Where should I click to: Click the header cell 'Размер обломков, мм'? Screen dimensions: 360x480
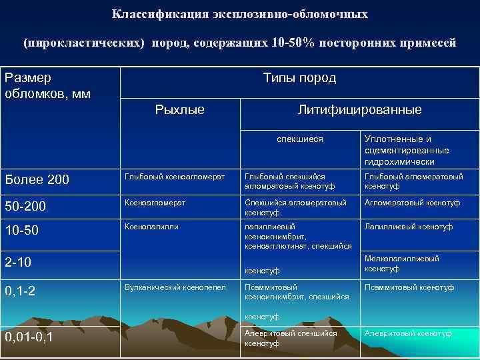[x=47, y=85]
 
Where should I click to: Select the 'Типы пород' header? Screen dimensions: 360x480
[x=299, y=78]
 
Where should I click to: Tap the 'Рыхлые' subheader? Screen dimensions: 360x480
[x=179, y=109]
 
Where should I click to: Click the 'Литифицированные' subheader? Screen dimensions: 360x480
[x=359, y=109]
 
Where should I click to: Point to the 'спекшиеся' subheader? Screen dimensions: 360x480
[x=300, y=139]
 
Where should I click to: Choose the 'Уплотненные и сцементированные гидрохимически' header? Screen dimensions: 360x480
[x=406, y=150]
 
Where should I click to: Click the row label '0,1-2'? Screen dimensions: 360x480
[x=21, y=291]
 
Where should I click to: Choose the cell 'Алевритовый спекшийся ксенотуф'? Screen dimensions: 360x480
[x=291, y=337]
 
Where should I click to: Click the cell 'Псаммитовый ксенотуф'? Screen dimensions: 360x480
[x=409, y=287]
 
